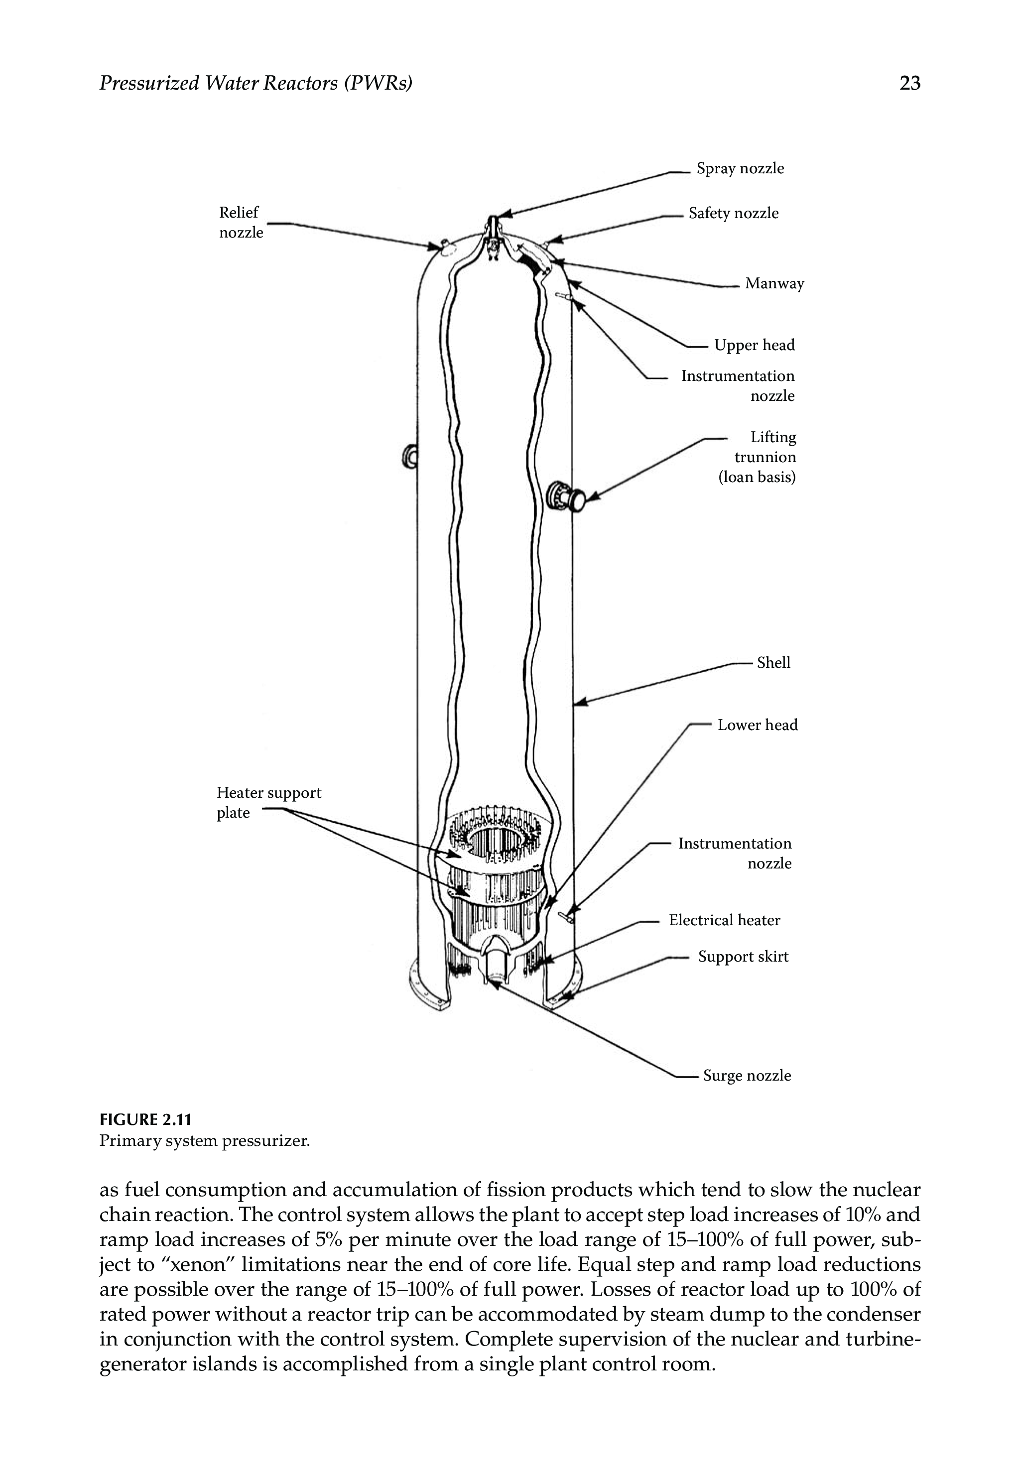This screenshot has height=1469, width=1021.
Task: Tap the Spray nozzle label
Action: [x=740, y=169]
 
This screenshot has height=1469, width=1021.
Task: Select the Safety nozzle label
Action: [x=733, y=214]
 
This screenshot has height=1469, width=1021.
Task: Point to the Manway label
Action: [x=774, y=284]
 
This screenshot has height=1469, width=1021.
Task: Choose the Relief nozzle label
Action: [x=241, y=223]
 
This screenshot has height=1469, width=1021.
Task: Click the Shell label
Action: [x=773, y=663]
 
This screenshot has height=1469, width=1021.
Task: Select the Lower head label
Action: [x=758, y=725]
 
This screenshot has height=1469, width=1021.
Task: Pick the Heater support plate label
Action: [x=268, y=803]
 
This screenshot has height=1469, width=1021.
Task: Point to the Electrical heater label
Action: [x=724, y=920]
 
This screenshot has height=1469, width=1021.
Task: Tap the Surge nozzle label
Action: [x=747, y=1076]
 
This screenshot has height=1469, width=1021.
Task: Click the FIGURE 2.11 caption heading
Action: [x=145, y=1120]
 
